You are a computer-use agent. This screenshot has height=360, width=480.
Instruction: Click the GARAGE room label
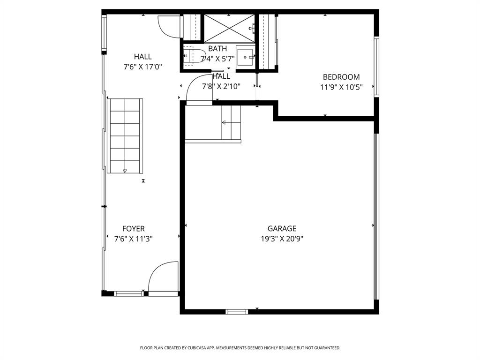pyautogui.click(x=282, y=229)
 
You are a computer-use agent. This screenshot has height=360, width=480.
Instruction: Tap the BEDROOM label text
pyautogui.click(x=341, y=77)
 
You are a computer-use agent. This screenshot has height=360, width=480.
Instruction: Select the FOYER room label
pyautogui.click(x=133, y=229)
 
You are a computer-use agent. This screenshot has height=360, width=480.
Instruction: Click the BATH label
pyautogui.click(x=217, y=49)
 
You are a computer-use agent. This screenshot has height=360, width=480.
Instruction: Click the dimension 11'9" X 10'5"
pyautogui.click(x=341, y=87)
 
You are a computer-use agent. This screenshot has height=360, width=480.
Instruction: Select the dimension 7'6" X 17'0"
pyautogui.click(x=142, y=67)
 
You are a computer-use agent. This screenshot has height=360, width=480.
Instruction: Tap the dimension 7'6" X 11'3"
pyautogui.click(x=133, y=239)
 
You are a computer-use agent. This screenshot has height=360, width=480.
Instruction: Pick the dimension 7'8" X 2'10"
pyautogui.click(x=221, y=86)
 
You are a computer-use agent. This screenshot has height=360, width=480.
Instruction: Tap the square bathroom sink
pyautogui.click(x=245, y=57)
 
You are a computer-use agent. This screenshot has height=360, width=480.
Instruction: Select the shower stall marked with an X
pyautogui.click(x=229, y=28)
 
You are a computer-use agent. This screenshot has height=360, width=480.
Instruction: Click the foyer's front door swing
pyautogui.click(x=162, y=277)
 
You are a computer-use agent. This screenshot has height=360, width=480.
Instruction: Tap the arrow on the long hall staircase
pyautogui.click(x=125, y=172)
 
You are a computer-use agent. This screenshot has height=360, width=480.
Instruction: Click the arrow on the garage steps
pyautogui.click(x=224, y=123)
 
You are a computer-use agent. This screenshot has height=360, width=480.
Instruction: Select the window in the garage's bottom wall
pyautogui.click(x=237, y=311)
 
